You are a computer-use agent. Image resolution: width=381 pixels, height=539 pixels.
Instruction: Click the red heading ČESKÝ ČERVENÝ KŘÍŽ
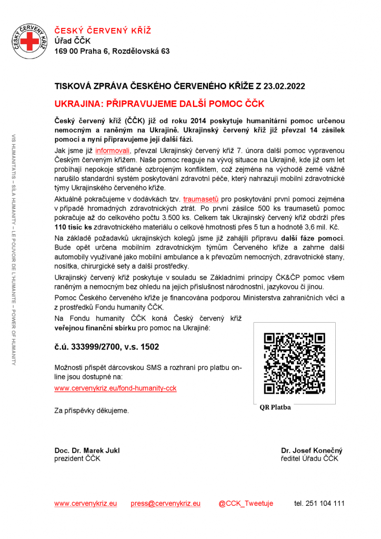[103, 30]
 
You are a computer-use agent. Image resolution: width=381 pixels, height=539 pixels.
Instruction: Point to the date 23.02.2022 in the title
[284, 86]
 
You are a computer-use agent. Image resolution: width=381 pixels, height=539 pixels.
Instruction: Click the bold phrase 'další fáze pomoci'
[313, 238]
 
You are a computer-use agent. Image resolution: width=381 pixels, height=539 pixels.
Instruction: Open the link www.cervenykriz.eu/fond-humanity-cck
[115, 388]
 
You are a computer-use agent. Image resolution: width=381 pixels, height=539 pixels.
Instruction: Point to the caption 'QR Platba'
[275, 407]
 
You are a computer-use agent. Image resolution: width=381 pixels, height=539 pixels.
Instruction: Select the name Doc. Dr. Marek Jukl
[87, 451]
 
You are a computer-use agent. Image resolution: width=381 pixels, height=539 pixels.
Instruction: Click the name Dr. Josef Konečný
[312, 451]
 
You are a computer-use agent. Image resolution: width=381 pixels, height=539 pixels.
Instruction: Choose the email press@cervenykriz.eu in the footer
[165, 503]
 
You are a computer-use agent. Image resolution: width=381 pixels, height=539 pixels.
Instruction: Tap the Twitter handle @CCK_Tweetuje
[246, 503]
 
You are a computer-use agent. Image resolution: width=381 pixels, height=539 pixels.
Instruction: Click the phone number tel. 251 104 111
[319, 503]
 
